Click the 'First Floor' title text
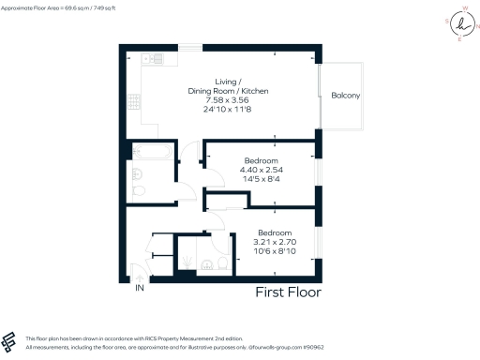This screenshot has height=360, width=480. [x=289, y=292]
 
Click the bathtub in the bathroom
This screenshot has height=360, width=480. [x=153, y=151]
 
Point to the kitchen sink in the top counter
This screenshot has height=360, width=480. [x=149, y=60]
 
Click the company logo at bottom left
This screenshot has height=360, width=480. [x=9, y=341]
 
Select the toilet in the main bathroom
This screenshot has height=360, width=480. [x=139, y=191]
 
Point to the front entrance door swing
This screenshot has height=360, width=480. [x=139, y=273]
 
